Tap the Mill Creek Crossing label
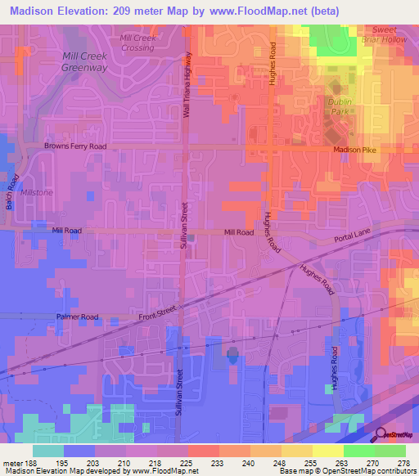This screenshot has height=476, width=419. (x=137, y=43)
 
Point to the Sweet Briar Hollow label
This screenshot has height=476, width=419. (x=384, y=34)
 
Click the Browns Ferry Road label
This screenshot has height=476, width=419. (x=74, y=146)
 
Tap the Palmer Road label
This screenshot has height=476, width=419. (x=77, y=317)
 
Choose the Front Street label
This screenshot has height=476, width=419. (x=158, y=311)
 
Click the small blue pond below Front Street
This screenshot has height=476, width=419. (x=232, y=354)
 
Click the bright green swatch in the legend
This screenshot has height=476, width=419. (x=359, y=451)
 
